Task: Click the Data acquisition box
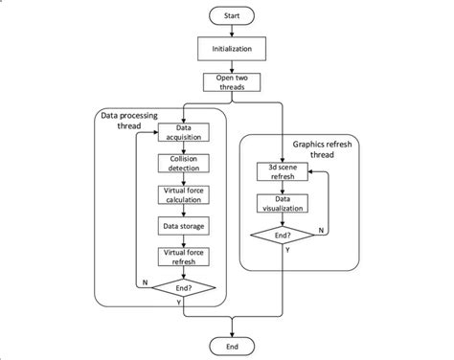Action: coord(181,133)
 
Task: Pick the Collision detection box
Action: coord(181,164)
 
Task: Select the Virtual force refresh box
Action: coord(181,256)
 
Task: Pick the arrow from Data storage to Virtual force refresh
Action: coord(181,240)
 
